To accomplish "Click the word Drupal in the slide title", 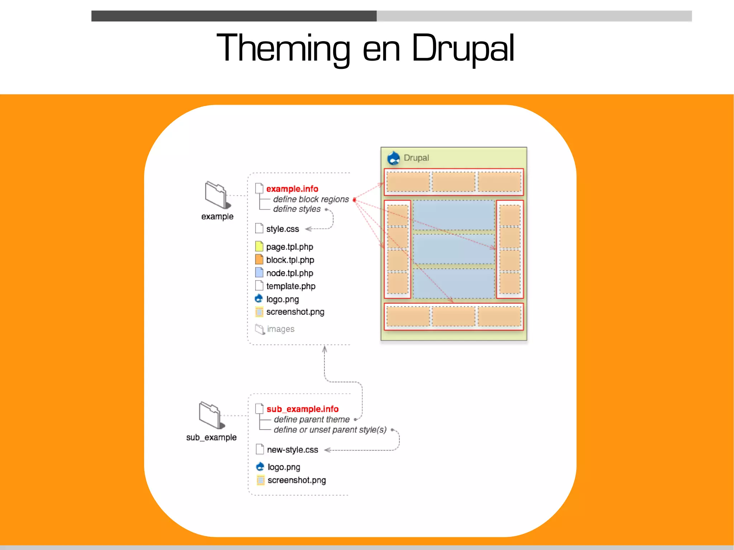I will click(x=463, y=49).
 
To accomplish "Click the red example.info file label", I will click(x=292, y=189).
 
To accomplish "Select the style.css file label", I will click(x=282, y=229).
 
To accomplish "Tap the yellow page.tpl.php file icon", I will click(x=259, y=246).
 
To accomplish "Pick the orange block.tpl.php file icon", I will click(x=259, y=259).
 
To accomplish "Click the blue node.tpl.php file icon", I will click(x=259, y=272).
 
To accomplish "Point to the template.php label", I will click(x=291, y=286).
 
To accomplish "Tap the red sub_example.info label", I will click(x=302, y=409).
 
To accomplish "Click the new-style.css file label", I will click(x=292, y=450).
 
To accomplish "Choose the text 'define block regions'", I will click(x=311, y=199).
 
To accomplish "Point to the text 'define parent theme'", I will click(x=311, y=419).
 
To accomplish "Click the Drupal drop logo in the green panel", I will click(x=394, y=158).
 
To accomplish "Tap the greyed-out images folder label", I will click(x=280, y=329).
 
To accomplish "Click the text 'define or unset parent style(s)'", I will click(x=330, y=430).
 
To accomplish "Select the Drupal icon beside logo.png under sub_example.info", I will click(x=260, y=467).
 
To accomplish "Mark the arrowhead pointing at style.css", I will click(x=308, y=229).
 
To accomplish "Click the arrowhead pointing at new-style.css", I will click(x=327, y=450).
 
